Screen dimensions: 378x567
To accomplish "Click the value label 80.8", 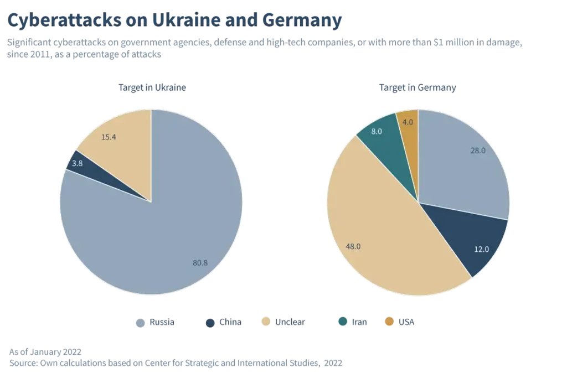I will tap(200, 263).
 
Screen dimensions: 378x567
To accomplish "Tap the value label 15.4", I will tap(109, 137).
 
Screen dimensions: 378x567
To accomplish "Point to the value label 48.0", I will tap(352, 246).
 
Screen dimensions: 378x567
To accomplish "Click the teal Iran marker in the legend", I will tap(343, 322).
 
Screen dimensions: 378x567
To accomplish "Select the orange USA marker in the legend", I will tap(390, 322).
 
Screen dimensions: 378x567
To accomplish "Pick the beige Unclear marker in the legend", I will tap(266, 322).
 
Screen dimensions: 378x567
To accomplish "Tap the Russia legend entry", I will tap(157, 323).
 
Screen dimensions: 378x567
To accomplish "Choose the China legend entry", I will tap(224, 323).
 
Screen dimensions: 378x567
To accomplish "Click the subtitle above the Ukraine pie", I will tap(150, 88).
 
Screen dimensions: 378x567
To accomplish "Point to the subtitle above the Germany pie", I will tap(417, 88).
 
